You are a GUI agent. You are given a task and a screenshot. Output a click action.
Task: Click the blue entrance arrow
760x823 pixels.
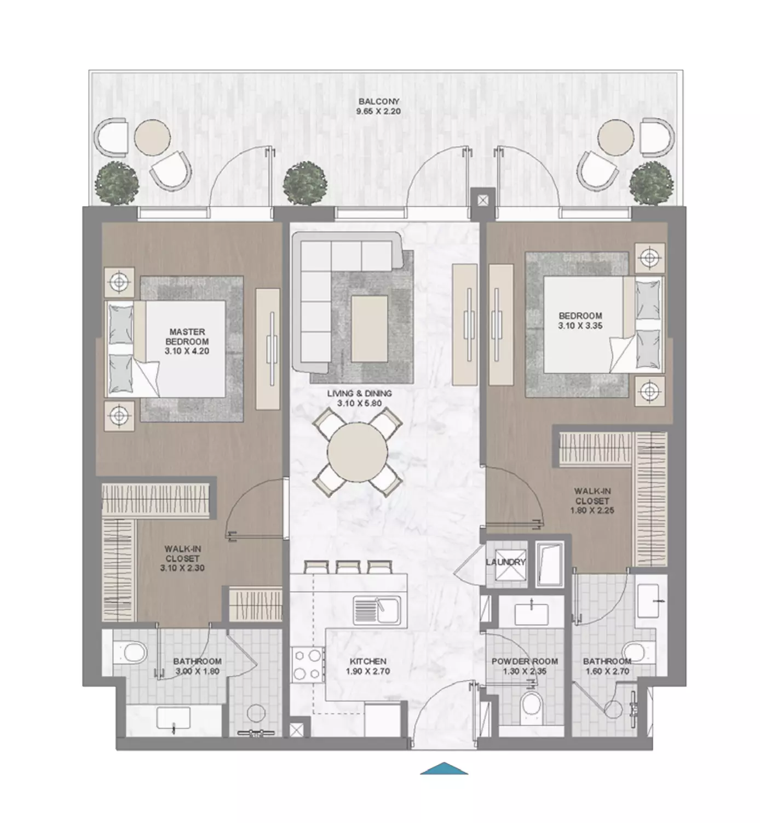click(x=444, y=768)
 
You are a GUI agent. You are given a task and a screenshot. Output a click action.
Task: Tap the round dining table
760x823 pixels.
click(x=358, y=452)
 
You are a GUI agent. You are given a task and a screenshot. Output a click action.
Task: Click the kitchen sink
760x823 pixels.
click(x=377, y=610)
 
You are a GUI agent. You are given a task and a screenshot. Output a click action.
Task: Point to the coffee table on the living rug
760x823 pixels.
click(x=370, y=328)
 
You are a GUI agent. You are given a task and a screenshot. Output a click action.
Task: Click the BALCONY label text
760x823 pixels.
click(x=378, y=101)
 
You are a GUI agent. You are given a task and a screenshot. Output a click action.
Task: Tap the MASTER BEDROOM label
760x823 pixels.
click(x=187, y=336)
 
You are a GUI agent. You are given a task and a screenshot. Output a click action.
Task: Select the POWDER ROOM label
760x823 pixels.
click(x=525, y=661)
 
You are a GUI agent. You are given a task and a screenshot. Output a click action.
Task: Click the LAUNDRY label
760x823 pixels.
click(x=506, y=562)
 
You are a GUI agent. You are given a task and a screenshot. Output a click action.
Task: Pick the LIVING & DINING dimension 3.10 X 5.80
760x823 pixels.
click(x=359, y=403)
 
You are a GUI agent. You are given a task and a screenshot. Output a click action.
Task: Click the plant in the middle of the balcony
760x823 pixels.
click(x=305, y=183)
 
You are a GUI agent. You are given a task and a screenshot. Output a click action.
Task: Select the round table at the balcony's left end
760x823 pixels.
click(x=152, y=138)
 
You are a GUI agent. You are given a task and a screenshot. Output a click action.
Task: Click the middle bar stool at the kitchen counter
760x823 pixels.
click(x=348, y=567)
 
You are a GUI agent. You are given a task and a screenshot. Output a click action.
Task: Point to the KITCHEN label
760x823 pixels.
click(x=368, y=661)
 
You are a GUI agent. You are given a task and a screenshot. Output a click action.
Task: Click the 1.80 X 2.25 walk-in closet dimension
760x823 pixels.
click(x=592, y=510)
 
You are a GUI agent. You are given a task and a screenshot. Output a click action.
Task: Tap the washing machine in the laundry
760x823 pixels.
click(x=506, y=564)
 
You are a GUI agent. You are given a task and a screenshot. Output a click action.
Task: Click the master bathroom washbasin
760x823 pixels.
click(x=173, y=718)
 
